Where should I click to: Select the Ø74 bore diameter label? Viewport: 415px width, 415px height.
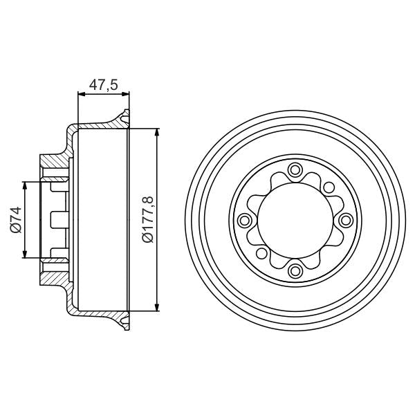point(15,220)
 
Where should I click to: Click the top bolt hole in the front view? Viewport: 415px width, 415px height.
point(294,170)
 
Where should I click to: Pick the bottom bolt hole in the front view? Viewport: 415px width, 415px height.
point(294,270)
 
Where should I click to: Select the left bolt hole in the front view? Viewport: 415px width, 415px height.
point(243,220)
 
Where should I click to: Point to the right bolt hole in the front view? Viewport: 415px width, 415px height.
point(344,220)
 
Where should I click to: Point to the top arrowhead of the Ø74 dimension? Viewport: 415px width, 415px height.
point(26,185)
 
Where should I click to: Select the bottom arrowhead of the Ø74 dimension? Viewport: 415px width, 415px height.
point(26,255)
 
